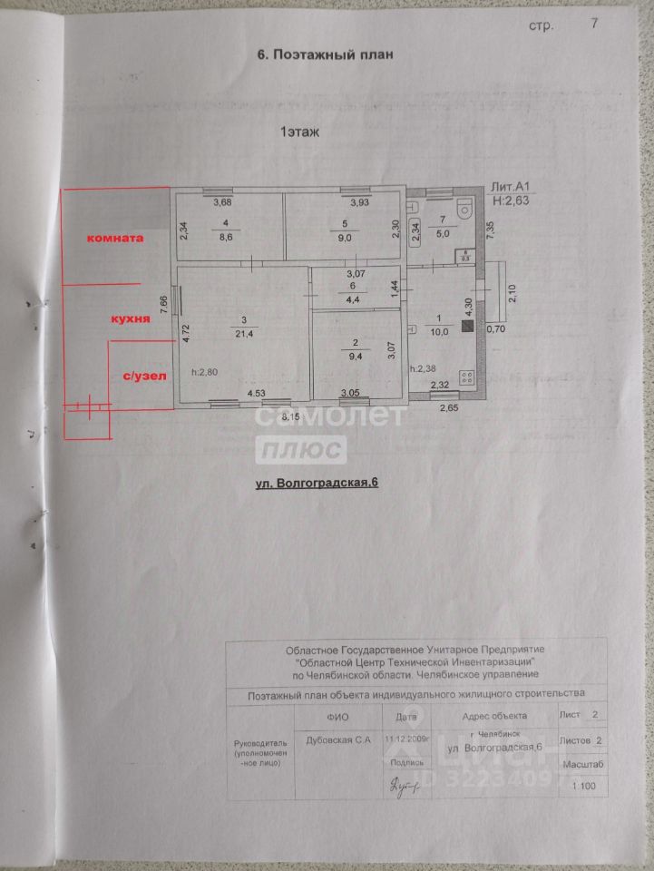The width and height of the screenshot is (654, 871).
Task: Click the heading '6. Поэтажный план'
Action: tap(327, 55)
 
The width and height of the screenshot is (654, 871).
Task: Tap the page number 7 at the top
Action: tap(594, 24)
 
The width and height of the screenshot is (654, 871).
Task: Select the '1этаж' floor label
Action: tap(299, 132)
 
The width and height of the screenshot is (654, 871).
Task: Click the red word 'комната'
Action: tap(115, 239)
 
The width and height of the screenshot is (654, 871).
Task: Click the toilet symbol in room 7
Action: tap(465, 209)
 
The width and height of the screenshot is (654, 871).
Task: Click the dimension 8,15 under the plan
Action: tap(290, 416)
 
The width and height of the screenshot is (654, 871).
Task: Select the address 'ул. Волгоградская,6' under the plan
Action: tap(316, 484)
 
